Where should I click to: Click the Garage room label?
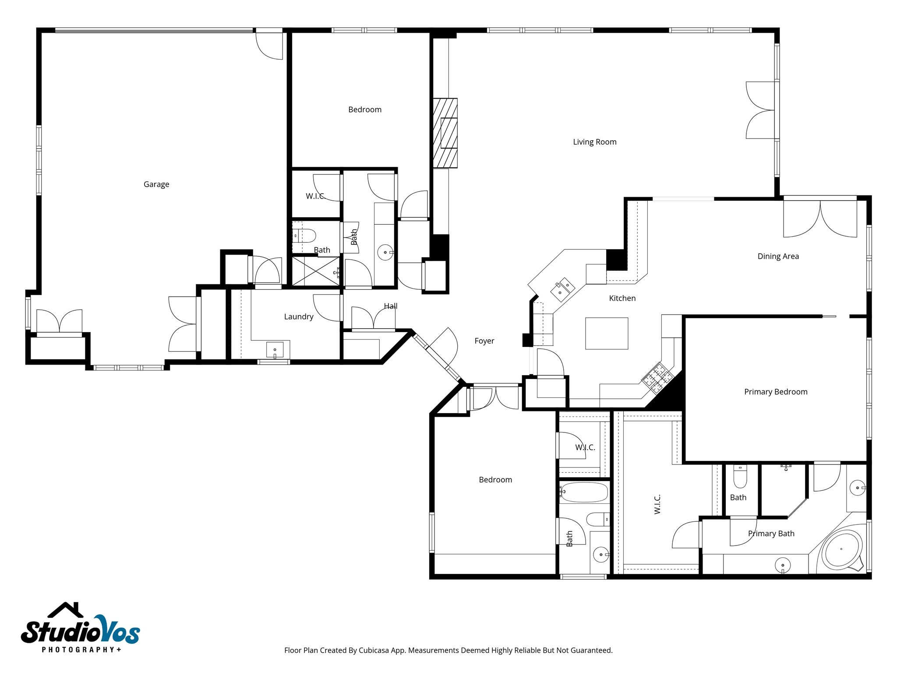(156, 184)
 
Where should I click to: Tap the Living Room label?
(594, 142)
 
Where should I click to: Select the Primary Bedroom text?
(775, 392)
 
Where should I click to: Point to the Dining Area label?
(778, 256)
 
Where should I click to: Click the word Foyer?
(484, 341)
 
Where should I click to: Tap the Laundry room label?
(298, 317)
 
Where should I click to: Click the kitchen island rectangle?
(606, 333)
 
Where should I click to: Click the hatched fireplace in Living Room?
(445, 133)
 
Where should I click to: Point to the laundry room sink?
(275, 350)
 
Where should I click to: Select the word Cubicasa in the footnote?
(373, 650)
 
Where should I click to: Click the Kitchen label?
(622, 298)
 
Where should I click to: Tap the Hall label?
(390, 306)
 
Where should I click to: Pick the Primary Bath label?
(771, 534)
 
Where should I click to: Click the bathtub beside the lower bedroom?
(584, 492)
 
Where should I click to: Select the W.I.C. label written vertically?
(657, 504)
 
